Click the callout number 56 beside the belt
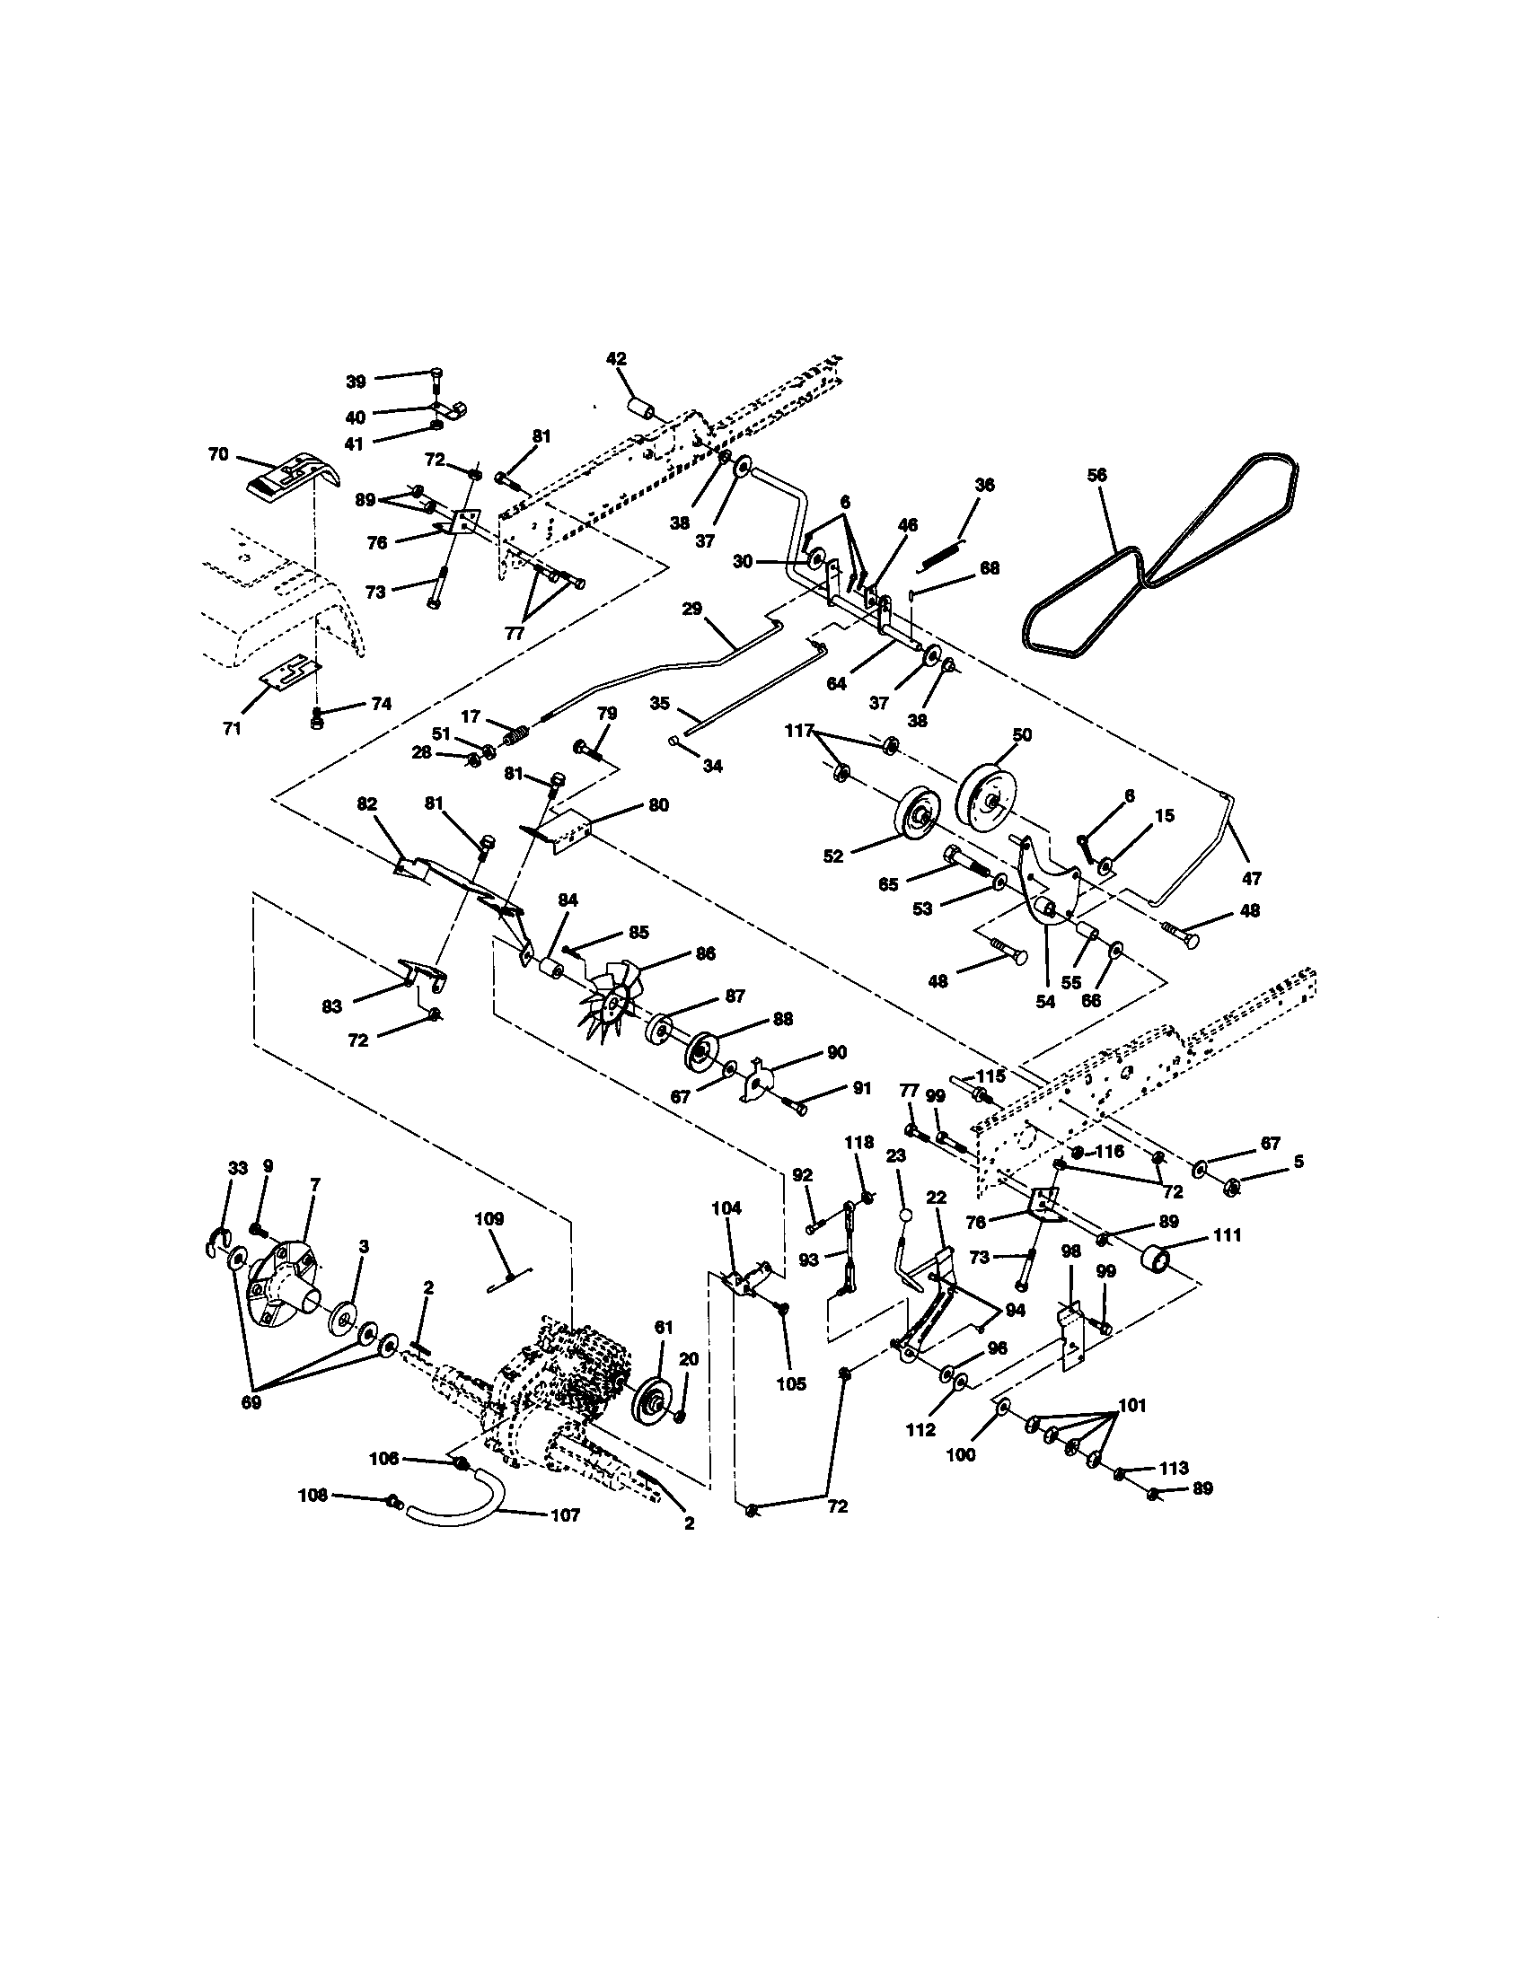tap(1097, 475)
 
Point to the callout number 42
tap(616, 358)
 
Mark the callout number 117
tap(799, 731)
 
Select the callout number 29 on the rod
tap(691, 609)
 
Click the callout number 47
tap(1252, 877)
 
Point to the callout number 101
tap(1132, 1404)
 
